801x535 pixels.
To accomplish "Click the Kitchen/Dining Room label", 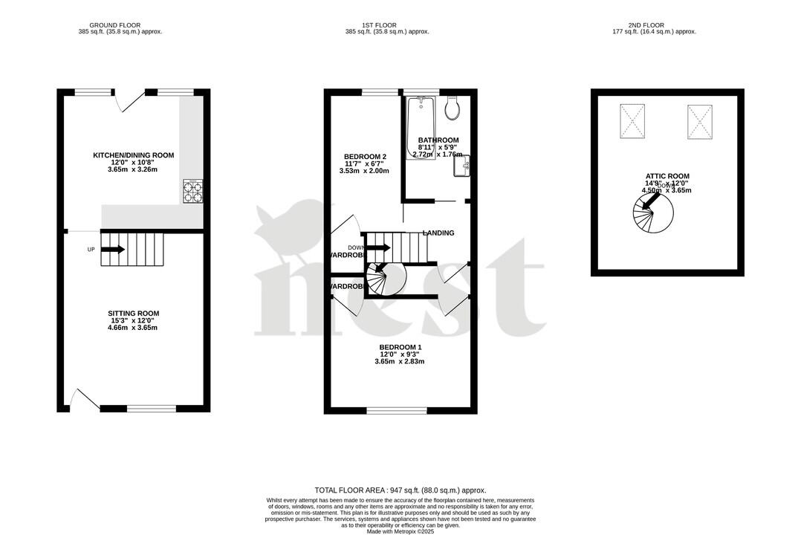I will tap(133, 155).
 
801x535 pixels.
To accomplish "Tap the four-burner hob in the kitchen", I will tap(193, 191).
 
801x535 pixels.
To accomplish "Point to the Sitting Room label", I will tap(133, 314).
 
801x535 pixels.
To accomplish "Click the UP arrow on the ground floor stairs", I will tap(112, 250).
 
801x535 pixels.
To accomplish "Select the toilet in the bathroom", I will tap(452, 109).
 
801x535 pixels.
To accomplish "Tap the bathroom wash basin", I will tap(461, 166).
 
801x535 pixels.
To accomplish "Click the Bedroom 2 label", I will tap(365, 157).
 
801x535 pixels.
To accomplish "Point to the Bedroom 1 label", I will tap(400, 348).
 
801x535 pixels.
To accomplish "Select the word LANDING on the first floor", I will tap(438, 233).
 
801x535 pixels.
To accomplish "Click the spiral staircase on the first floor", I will tap(389, 279).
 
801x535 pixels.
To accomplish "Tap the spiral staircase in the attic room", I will tap(653, 217).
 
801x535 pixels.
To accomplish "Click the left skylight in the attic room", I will tap(634, 120).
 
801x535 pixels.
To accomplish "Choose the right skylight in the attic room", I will tap(700, 120).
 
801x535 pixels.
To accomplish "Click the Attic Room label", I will tap(667, 176).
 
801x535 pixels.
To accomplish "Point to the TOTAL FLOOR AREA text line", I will tap(400, 490).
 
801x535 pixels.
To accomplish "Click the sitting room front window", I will tap(152, 408).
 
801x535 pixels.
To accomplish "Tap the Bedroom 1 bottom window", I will tap(397, 409).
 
